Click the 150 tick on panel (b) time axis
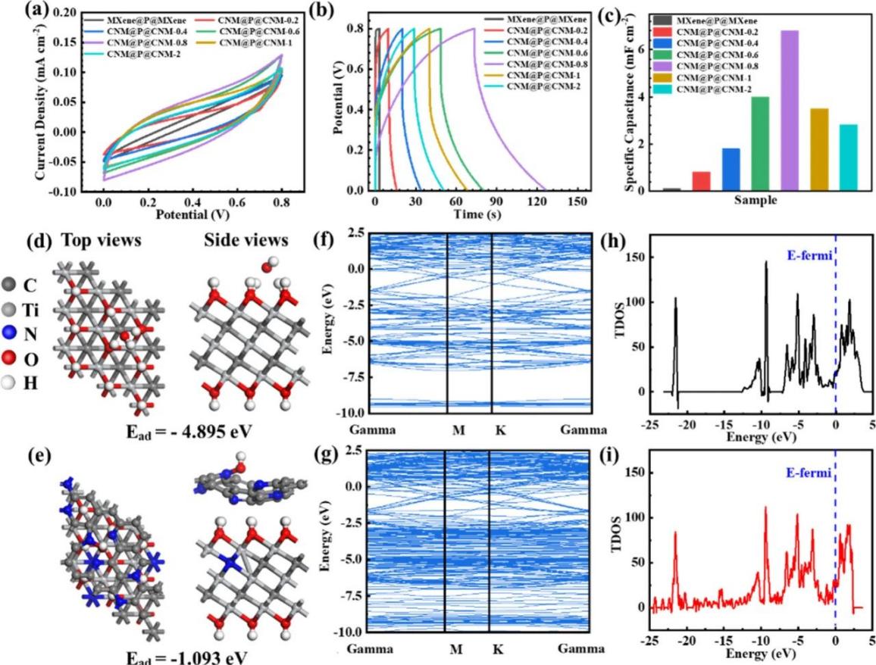pos(578,201)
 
